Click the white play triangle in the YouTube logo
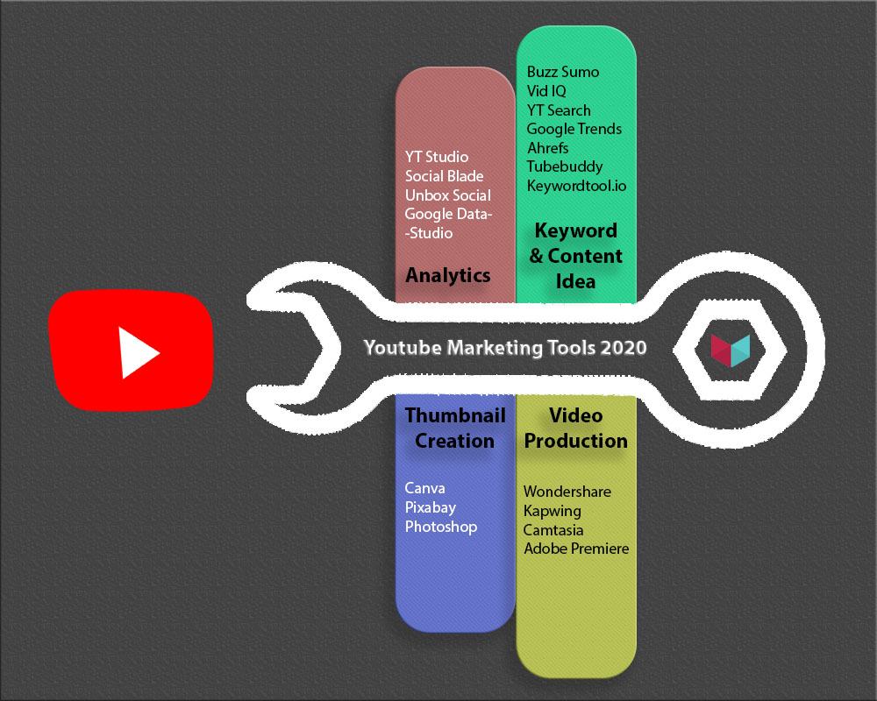pyautogui.click(x=136, y=353)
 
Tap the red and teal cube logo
pyautogui.click(x=731, y=350)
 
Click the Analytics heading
pyautogui.click(x=448, y=275)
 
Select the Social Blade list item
pyautogui.click(x=444, y=176)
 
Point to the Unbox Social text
pyautogui.click(x=448, y=195)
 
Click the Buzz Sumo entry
pyautogui.click(x=563, y=72)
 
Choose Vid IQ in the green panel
pyautogui.click(x=546, y=91)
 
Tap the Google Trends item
pyautogui.click(x=574, y=129)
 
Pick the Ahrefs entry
pyautogui.click(x=547, y=148)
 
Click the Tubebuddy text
pyautogui.click(x=564, y=167)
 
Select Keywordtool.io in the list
pyautogui.click(x=576, y=186)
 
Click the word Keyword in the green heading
pyautogui.click(x=576, y=230)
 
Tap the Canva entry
pyautogui.click(x=424, y=488)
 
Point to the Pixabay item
pyautogui.click(x=430, y=507)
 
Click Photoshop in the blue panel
pyautogui.click(x=441, y=527)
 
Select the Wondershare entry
pyautogui.click(x=567, y=492)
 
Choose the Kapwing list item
pyautogui.click(x=552, y=511)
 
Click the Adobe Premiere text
pyautogui.click(x=576, y=549)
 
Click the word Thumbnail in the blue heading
pyautogui.click(x=455, y=415)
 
